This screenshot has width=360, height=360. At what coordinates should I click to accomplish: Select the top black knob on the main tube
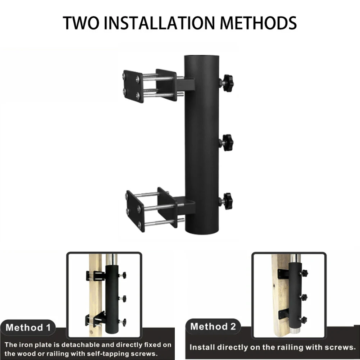pyautogui.click(x=227, y=83)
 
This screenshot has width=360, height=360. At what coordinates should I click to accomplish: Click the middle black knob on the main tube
pyautogui.click(x=227, y=142)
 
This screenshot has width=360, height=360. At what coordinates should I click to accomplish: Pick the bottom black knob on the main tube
pyautogui.click(x=227, y=201)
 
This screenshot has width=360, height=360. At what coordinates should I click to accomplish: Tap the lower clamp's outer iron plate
pyautogui.click(x=135, y=211)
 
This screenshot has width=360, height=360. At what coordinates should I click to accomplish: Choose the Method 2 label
pyautogui.click(x=213, y=327)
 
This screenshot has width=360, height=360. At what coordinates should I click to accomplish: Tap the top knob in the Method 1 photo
pyautogui.click(x=123, y=275)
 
